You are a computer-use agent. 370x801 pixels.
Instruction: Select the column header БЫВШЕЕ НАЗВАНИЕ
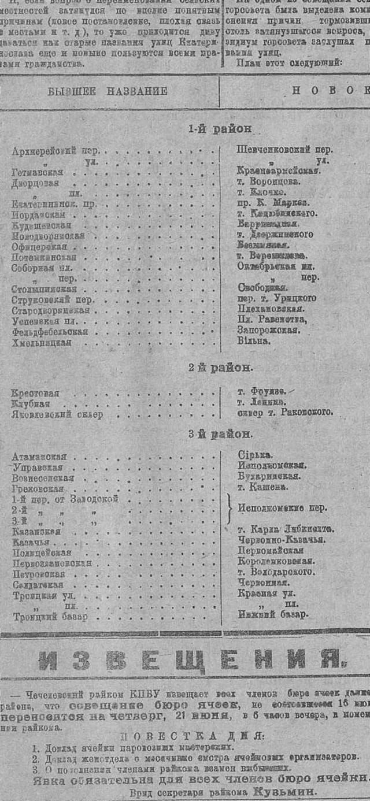[x=108, y=91]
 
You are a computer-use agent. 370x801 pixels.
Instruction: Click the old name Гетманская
[x=37, y=172]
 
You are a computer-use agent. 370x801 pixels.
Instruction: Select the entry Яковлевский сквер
[x=57, y=414]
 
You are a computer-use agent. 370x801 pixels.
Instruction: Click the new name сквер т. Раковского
[x=285, y=412]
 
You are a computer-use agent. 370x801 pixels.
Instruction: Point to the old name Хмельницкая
[x=41, y=343]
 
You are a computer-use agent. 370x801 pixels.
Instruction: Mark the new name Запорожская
[x=268, y=330]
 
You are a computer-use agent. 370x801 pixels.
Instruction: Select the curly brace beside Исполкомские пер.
[x=230, y=509]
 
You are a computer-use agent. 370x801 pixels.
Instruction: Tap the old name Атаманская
[x=39, y=457]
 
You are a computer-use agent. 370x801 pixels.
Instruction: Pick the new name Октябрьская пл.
[x=275, y=266]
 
